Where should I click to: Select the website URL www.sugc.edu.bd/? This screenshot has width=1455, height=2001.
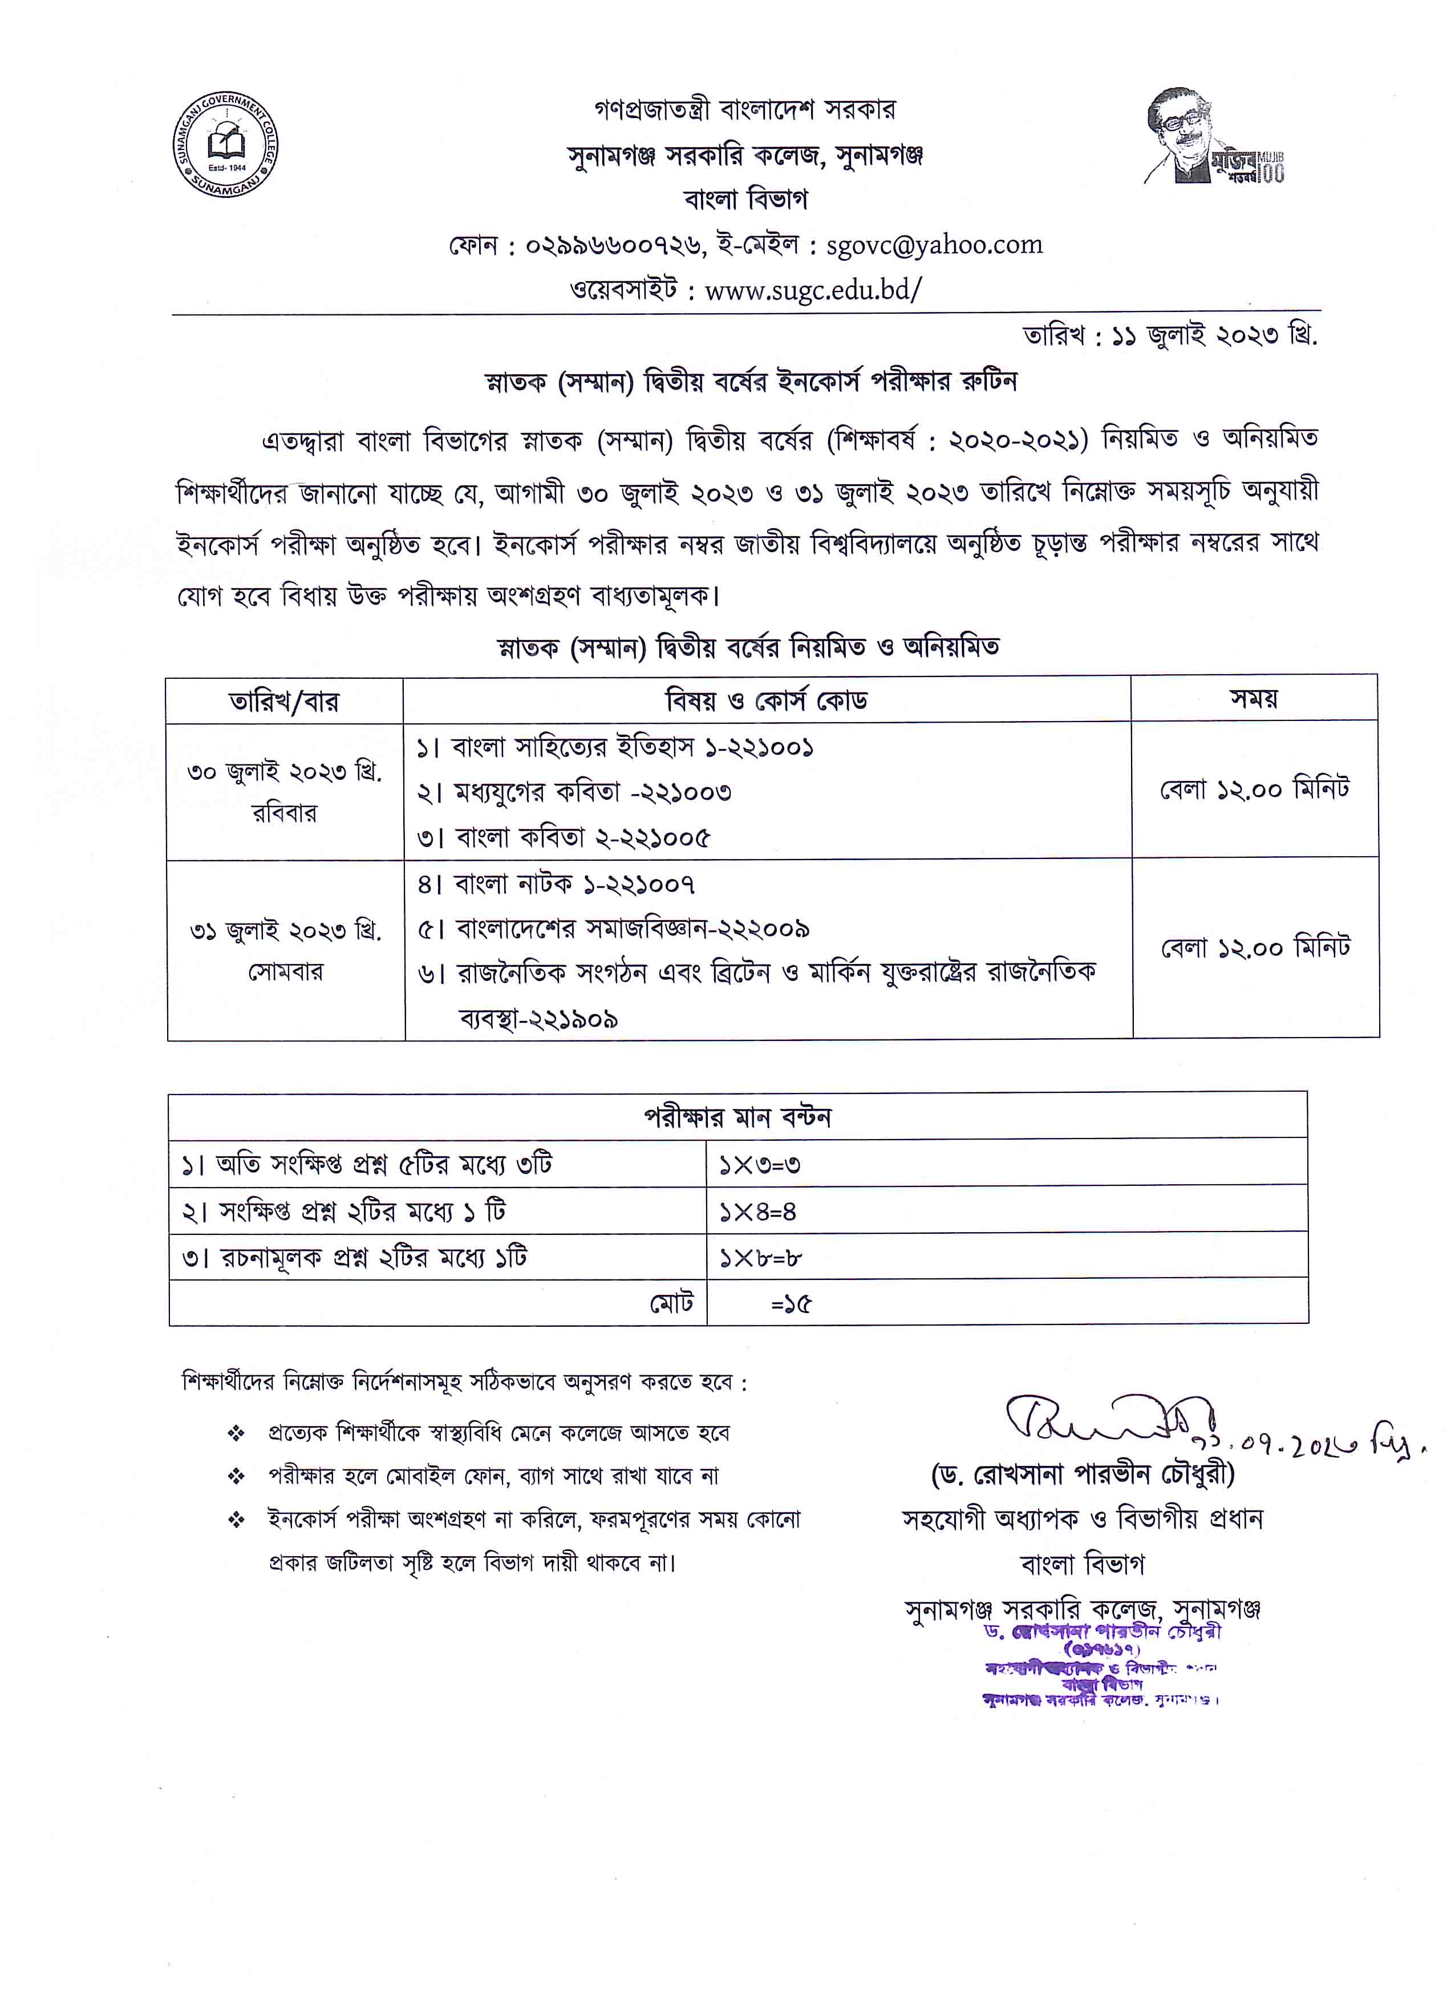(x=813, y=289)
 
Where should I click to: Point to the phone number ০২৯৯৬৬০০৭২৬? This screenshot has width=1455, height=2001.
(x=614, y=245)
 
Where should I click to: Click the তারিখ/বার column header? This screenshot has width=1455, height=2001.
(x=284, y=702)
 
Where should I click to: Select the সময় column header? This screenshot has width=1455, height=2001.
(x=1254, y=699)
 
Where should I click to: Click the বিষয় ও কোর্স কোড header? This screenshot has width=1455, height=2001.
(x=766, y=700)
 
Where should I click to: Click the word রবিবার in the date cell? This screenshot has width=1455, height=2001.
(x=284, y=813)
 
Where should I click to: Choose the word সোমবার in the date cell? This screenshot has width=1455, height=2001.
(x=285, y=971)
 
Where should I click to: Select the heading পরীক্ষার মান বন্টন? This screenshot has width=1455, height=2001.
(x=737, y=1117)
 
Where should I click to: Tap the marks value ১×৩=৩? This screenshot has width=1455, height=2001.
(x=759, y=1165)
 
